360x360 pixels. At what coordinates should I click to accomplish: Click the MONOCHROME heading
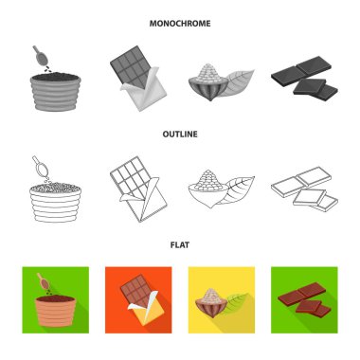tap(180, 24)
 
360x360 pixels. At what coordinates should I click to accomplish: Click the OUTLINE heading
tap(180, 135)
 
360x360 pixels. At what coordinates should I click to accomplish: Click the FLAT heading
tap(180, 245)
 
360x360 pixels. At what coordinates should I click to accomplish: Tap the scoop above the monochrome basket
tap(41, 56)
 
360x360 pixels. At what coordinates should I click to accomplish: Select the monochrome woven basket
tap(56, 92)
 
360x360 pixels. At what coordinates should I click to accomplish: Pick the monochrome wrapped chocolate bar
tap(138, 78)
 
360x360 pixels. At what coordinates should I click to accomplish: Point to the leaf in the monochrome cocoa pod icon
tap(236, 82)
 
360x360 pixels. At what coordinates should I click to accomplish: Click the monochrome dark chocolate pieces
tap(304, 78)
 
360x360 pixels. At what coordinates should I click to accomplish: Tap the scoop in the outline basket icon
tap(41, 167)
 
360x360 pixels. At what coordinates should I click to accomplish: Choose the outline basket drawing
tap(55, 202)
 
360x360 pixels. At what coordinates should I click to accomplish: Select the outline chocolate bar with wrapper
tap(138, 189)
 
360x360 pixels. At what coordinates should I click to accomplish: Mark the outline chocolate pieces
tap(304, 189)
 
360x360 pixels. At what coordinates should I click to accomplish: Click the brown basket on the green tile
tap(56, 311)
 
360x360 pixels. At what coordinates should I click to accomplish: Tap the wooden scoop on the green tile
tap(43, 281)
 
